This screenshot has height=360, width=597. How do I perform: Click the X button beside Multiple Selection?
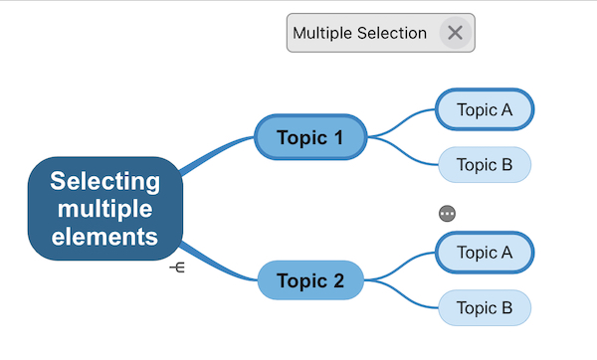pyautogui.click(x=455, y=33)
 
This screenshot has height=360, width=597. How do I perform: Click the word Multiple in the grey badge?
pyautogui.click(x=325, y=33)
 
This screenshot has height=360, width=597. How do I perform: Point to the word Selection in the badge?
pyautogui.click(x=393, y=33)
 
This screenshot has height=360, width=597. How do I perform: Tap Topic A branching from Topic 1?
pyautogui.click(x=485, y=109)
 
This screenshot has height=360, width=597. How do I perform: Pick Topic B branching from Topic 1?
pyautogui.click(x=485, y=164)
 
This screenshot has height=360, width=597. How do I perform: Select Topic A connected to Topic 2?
pyautogui.click(x=485, y=253)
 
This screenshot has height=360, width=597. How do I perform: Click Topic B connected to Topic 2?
pyautogui.click(x=485, y=308)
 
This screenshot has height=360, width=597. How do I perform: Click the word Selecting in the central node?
pyautogui.click(x=105, y=182)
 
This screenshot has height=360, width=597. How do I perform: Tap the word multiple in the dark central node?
pyautogui.click(x=105, y=209)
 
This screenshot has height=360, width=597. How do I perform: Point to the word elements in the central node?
pyautogui.click(x=105, y=237)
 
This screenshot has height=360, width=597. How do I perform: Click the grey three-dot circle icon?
pyautogui.click(x=447, y=213)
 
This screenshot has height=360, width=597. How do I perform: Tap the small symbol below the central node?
pyautogui.click(x=177, y=269)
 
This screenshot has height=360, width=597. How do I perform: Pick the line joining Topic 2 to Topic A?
pyautogui.click(x=403, y=265)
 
